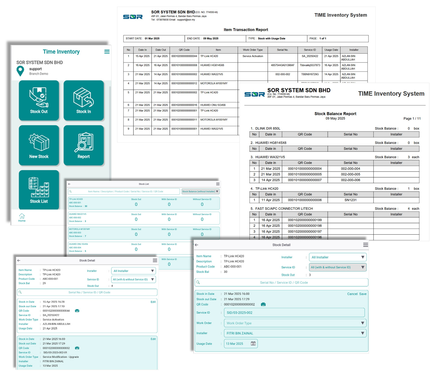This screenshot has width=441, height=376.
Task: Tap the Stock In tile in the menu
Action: click(x=84, y=100)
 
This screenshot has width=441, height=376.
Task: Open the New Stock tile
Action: click(x=39, y=145)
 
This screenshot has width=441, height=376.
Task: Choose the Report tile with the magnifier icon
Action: click(x=84, y=145)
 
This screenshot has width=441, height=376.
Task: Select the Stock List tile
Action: click(x=39, y=190)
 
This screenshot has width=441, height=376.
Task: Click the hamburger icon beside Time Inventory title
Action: click(x=107, y=52)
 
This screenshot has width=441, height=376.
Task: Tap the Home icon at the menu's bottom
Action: click(x=22, y=217)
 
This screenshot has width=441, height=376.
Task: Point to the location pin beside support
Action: click(x=20, y=71)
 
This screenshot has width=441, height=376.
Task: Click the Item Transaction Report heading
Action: click(x=246, y=30)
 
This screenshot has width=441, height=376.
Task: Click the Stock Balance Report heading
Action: click(x=335, y=114)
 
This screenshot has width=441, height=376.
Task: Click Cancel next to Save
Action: click(x=352, y=294)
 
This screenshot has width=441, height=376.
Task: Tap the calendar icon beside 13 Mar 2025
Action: click(x=253, y=344)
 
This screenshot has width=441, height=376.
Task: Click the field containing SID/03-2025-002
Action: click(x=294, y=313)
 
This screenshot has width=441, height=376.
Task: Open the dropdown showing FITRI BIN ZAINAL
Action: click(x=295, y=333)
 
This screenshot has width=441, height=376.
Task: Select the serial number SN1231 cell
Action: click(x=350, y=200)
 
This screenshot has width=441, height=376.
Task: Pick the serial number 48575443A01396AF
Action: click(x=283, y=65)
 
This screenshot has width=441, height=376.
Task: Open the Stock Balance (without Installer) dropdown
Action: click(x=200, y=191)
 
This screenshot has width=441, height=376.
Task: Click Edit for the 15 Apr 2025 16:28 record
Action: click(x=153, y=302)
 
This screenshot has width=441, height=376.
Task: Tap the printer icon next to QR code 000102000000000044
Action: click(x=77, y=311)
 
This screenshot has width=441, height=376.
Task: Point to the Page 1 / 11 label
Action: click(x=412, y=119)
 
